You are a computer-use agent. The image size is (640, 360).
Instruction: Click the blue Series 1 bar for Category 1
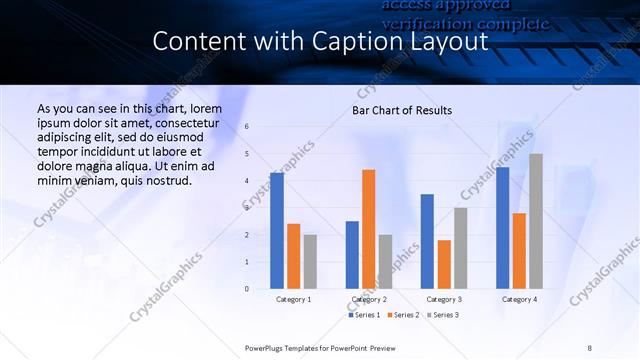pos(277,231)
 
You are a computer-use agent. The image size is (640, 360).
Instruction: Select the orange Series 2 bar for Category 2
pos(369,229)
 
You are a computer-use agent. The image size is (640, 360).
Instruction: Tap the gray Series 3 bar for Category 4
pos(536,221)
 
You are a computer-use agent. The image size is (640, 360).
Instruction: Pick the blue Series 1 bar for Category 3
pos(427,241)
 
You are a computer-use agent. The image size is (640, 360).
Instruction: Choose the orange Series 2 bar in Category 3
pos(444,264)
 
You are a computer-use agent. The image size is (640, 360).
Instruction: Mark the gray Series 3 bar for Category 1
pos(310,261)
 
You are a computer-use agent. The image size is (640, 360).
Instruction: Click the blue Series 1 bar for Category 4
pos(502,228)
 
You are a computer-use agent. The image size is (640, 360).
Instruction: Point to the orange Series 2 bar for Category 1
pos(294,256)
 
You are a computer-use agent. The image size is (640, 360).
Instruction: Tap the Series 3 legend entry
pos(444,315)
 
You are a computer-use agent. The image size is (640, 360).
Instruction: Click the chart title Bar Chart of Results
pos(402,110)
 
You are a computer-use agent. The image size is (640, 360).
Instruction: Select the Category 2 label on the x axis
pos(369,299)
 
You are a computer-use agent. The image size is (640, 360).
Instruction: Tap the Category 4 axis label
pos(518,299)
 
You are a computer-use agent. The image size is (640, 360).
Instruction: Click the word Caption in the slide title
pos(370,42)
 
